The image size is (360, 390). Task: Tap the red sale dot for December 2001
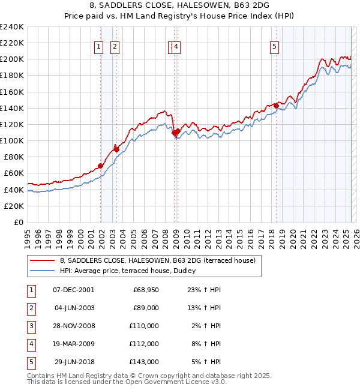[100, 166]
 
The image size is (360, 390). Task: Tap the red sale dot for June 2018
[276, 106]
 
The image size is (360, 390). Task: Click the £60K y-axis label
[13, 173]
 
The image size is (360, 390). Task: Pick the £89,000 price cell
[146, 308]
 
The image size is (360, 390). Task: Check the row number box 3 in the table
[31, 326]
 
